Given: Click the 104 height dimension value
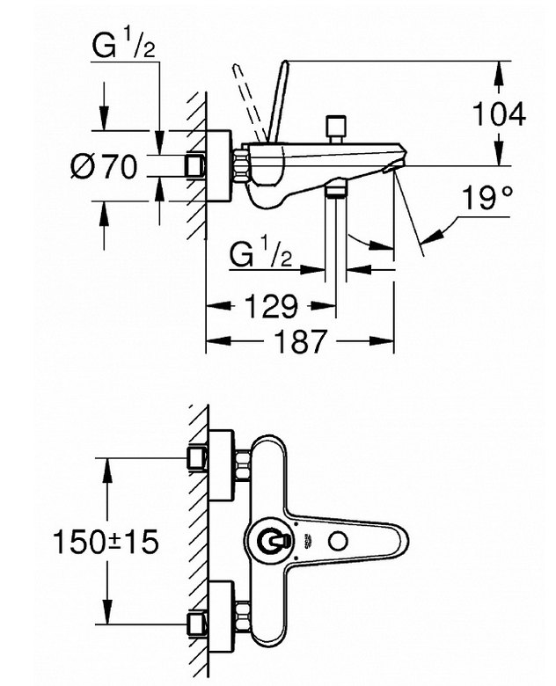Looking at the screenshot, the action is point(499,114).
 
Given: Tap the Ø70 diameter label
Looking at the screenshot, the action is point(104,167).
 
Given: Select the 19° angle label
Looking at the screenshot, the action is point(486,198).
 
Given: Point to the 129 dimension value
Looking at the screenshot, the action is point(271,306).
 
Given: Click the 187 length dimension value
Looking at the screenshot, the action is point(301,341).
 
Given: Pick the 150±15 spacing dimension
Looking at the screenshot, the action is point(105,541).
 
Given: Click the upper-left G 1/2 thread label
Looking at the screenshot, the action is point(123,46).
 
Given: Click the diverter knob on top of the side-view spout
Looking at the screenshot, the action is point(336,129).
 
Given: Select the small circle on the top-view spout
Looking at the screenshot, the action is point(338,542).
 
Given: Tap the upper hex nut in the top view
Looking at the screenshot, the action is point(242,465).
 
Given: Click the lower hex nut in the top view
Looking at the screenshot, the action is point(242,617).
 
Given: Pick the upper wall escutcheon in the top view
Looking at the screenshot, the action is point(222,465).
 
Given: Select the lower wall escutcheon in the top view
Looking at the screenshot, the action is point(222,617).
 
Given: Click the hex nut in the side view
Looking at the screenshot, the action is point(241,166).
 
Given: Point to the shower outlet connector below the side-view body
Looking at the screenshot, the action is point(336,190).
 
